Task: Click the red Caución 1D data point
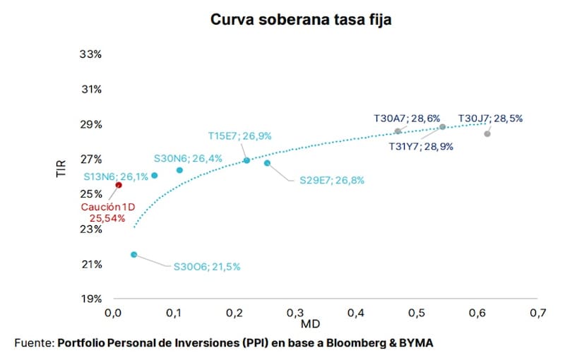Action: (x=119, y=185)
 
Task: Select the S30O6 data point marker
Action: (x=134, y=255)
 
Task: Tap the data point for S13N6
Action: (x=154, y=175)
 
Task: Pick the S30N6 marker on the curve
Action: (x=179, y=170)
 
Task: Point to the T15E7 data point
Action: (x=246, y=160)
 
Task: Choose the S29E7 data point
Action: (x=267, y=163)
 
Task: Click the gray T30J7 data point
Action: (x=487, y=134)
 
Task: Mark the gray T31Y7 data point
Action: (x=443, y=127)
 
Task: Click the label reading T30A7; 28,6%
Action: (x=407, y=119)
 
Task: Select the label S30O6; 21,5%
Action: (x=207, y=267)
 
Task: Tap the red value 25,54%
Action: (x=107, y=218)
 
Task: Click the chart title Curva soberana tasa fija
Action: (x=301, y=20)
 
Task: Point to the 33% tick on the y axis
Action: (x=91, y=54)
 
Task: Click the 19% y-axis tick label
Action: (x=92, y=299)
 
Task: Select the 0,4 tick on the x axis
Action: (x=356, y=313)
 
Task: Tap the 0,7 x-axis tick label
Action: (x=538, y=313)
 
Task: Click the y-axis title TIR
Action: (x=61, y=169)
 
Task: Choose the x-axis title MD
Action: (x=310, y=324)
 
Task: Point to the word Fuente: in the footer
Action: (x=35, y=343)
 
